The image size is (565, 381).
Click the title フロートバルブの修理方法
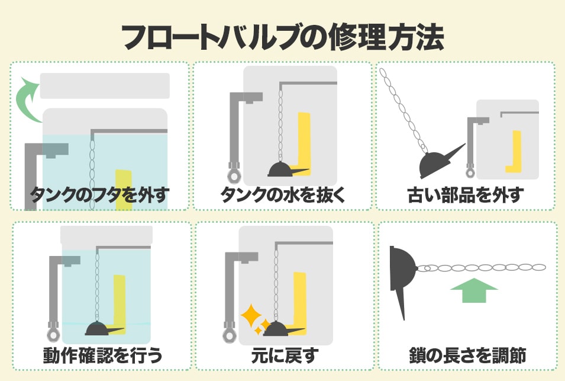(x=283, y=37)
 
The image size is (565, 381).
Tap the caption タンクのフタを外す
(x=99, y=195)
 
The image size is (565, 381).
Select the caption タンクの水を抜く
(x=283, y=195)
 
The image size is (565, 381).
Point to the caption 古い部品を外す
(x=466, y=195)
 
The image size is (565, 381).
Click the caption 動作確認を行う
(x=103, y=356)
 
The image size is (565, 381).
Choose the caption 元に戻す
(x=285, y=356)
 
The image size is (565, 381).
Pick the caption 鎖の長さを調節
(x=468, y=356)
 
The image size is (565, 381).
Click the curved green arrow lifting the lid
(x=26, y=101)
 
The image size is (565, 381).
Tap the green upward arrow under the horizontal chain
(x=474, y=290)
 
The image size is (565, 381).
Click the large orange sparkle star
(x=251, y=316)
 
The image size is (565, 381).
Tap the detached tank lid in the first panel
(x=105, y=86)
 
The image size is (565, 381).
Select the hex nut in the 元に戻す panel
(x=230, y=335)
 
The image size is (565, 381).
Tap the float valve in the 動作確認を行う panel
(x=103, y=329)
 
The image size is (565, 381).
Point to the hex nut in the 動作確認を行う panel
(x=53, y=335)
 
